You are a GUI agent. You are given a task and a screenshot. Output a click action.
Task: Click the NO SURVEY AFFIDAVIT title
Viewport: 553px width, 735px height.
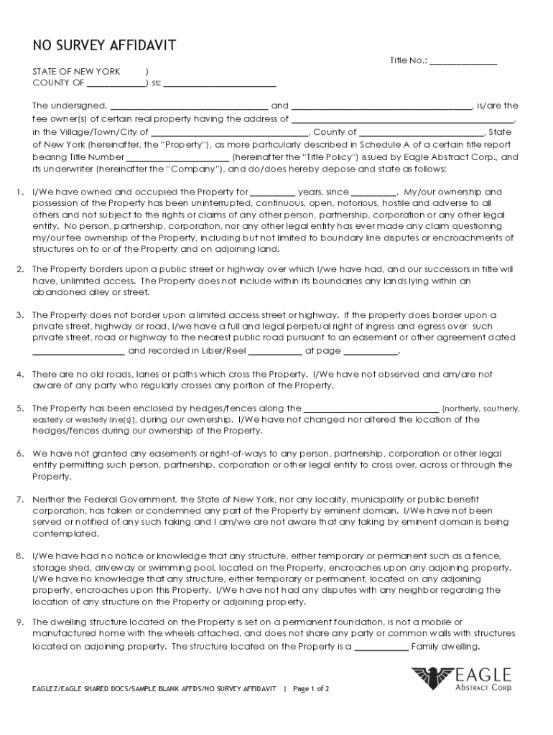104,47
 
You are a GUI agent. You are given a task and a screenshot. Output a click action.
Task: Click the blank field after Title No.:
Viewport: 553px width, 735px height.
463,62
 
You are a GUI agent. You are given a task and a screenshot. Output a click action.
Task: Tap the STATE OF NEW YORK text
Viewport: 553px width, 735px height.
76,72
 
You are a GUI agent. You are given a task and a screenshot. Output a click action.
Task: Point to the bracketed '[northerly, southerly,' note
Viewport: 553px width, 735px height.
480,408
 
